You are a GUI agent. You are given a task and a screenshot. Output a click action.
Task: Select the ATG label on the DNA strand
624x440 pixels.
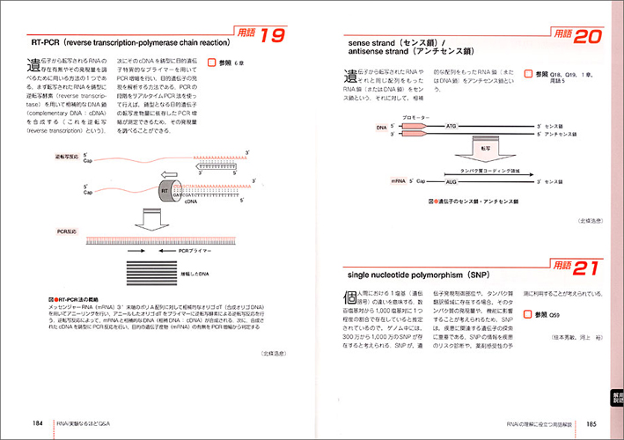tap(451, 127)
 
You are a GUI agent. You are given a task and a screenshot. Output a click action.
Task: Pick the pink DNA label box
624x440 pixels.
tap(381, 127)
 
